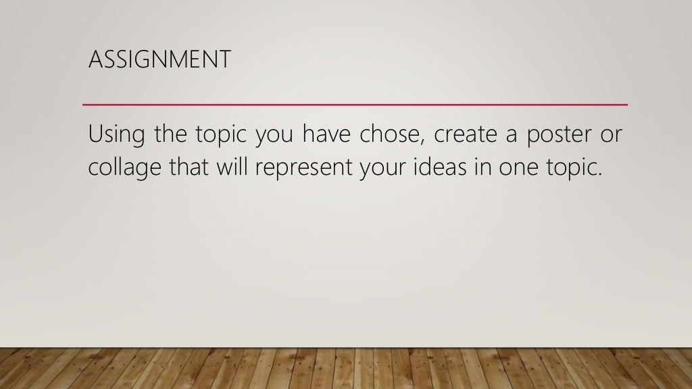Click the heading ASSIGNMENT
click(x=159, y=60)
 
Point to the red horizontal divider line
click(x=355, y=105)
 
